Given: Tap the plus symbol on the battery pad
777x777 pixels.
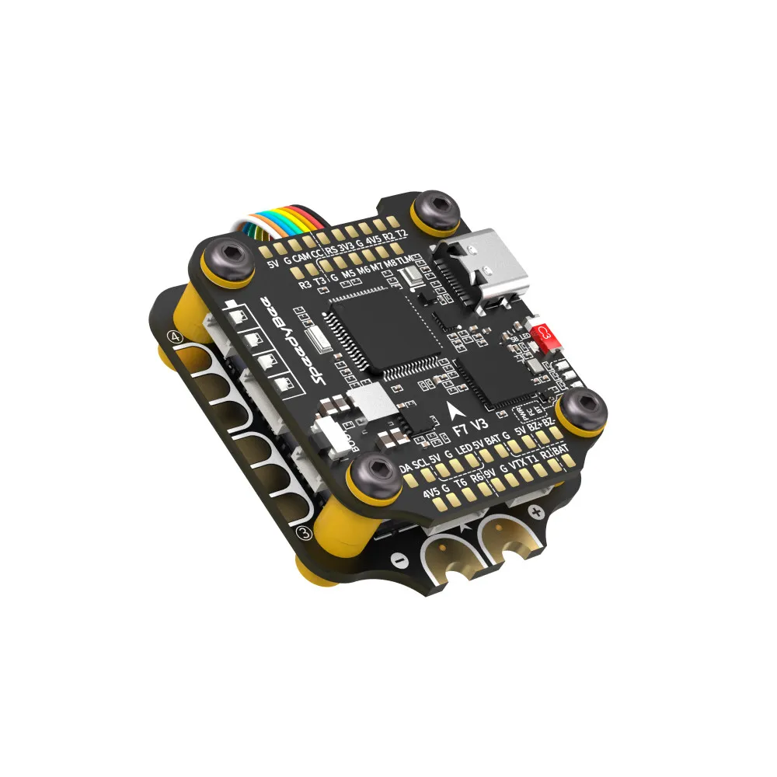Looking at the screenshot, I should [535, 511].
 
